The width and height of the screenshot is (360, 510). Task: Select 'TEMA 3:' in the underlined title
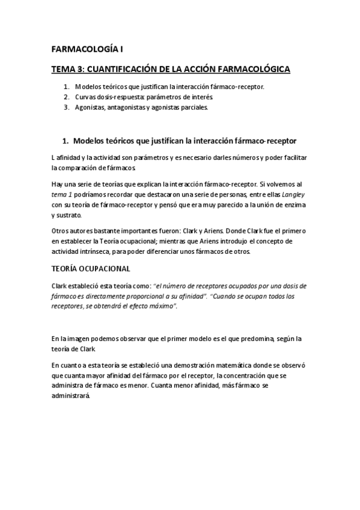pos(69,70)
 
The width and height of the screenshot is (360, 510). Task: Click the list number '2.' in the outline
pos(66,97)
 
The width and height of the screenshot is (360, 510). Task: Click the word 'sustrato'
pos(72,215)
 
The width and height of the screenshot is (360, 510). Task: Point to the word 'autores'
pos(82,231)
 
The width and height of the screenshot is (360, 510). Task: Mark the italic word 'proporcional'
pos(157,296)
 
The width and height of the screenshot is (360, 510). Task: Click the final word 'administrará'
pos(72,396)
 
